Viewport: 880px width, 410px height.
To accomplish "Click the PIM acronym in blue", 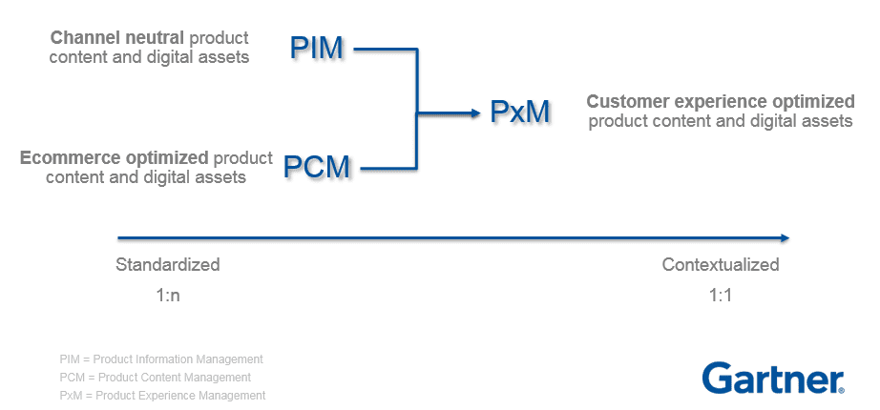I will (x=316, y=48).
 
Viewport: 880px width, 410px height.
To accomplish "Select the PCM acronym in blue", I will (x=317, y=167).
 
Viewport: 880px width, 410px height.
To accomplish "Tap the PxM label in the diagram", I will (x=520, y=113).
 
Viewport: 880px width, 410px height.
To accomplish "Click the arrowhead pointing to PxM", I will (x=474, y=113).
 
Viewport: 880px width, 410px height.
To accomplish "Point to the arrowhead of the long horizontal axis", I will (x=785, y=237).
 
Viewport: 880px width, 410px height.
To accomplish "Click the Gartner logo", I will (x=771, y=378).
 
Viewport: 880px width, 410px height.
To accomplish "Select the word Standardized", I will (x=168, y=264).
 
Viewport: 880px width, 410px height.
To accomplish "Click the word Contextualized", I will (x=721, y=264).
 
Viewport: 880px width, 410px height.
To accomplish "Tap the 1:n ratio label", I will (x=168, y=295).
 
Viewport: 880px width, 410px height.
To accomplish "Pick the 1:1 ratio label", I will (x=720, y=295).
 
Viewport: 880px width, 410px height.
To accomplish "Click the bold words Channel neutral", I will (x=117, y=38).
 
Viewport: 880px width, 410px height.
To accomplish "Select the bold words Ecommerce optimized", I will (x=114, y=157).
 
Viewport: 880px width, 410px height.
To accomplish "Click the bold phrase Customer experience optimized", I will (x=720, y=102).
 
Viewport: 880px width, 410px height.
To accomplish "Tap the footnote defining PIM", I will (x=160, y=359).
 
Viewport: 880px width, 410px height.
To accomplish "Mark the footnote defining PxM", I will (x=162, y=395).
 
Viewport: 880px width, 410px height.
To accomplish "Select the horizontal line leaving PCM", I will (x=387, y=168).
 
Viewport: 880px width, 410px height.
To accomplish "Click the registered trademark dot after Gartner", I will (x=841, y=389).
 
